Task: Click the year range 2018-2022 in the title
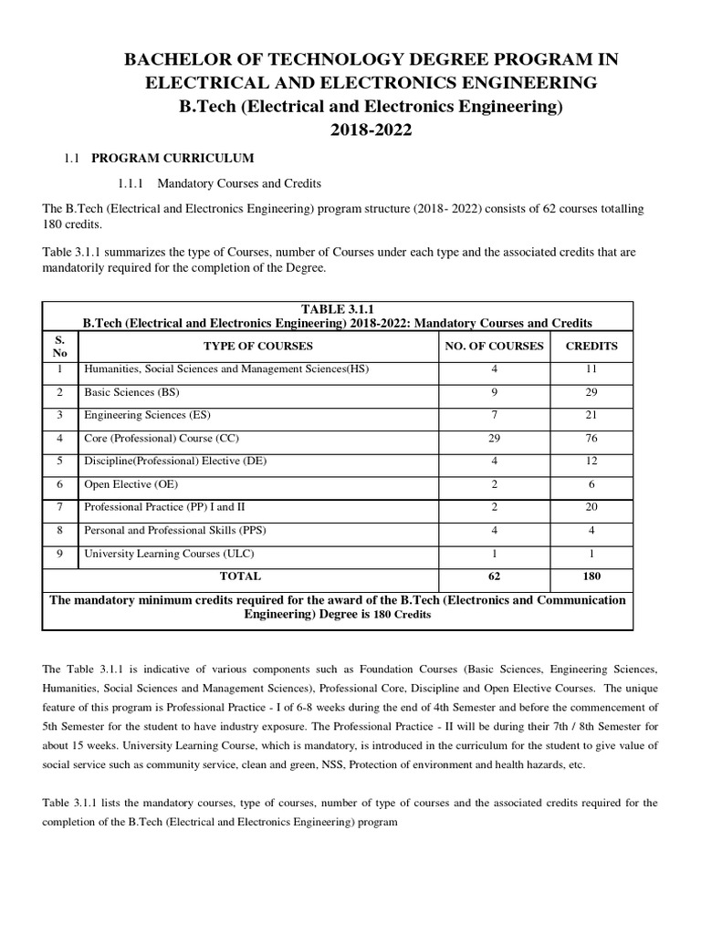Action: click(x=371, y=130)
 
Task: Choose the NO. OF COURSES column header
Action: click(x=494, y=346)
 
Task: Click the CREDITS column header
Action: click(x=591, y=346)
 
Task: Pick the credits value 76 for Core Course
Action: click(x=591, y=438)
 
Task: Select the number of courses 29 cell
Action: click(x=494, y=438)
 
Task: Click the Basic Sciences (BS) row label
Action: click(x=131, y=392)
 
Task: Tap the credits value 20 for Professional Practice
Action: click(x=591, y=506)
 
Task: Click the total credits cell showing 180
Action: click(x=591, y=576)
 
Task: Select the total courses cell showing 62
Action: click(x=494, y=576)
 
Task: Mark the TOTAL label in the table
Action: click(x=240, y=576)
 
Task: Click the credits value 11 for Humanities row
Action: click(x=591, y=369)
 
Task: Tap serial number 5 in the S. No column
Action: click(x=59, y=461)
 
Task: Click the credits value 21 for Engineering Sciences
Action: click(x=591, y=415)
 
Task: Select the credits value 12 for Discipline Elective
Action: click(x=591, y=461)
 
